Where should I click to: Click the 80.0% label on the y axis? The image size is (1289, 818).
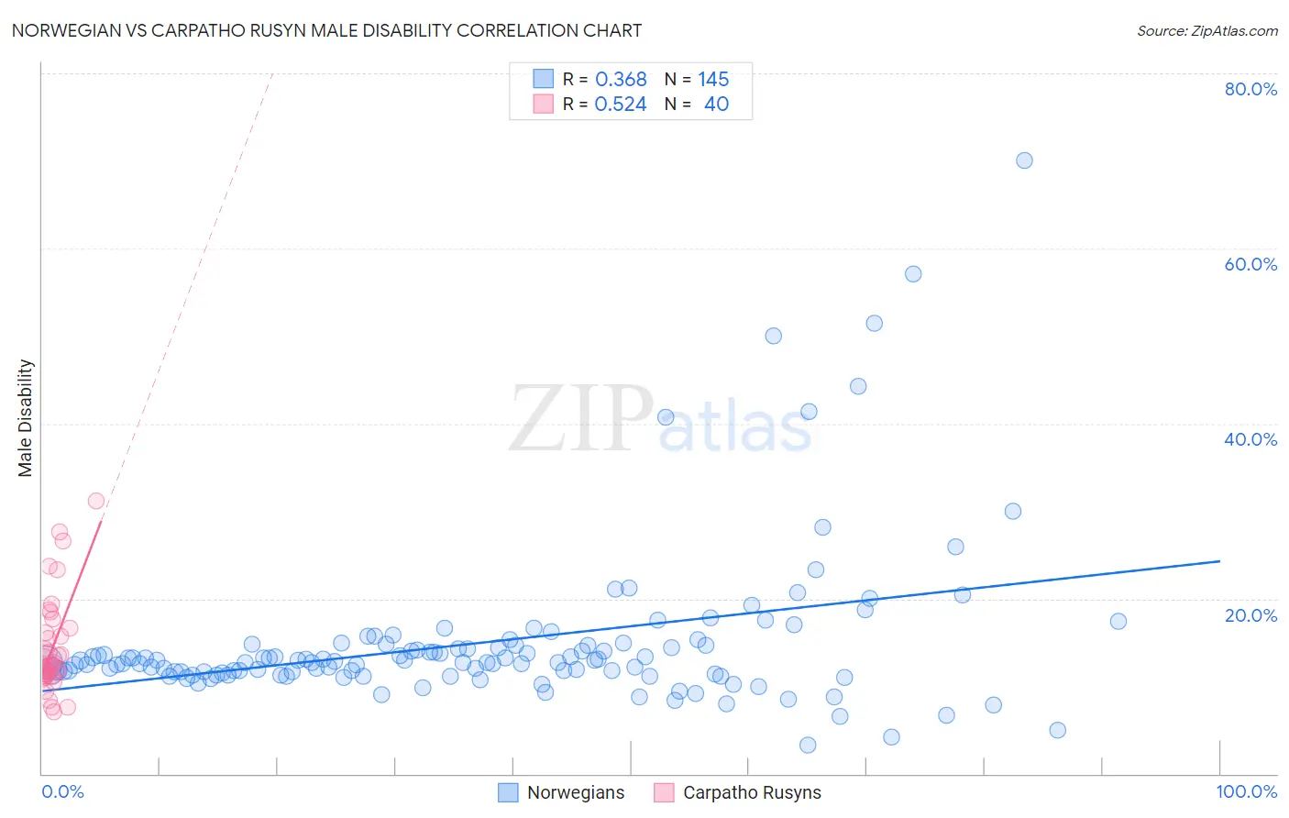tap(1250, 89)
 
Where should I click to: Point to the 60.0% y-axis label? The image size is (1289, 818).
tap(1250, 264)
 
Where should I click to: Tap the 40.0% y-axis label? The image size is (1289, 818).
tap(1250, 439)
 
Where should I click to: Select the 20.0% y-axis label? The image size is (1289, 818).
tap(1250, 614)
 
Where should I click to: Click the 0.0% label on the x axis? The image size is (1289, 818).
tap(62, 791)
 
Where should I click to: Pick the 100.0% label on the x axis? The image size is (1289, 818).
tap(1246, 791)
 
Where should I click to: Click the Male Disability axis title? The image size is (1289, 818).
tap(26, 417)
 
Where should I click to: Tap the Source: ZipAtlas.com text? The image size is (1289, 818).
tap(1206, 30)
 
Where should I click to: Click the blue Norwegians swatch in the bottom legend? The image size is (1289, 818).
tap(508, 792)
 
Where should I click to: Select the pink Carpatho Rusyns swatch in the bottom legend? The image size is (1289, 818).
tap(664, 792)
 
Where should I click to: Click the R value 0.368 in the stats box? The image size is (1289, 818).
tap(621, 79)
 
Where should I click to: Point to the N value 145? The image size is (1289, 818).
tap(713, 79)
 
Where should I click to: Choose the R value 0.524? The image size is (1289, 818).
tap(621, 104)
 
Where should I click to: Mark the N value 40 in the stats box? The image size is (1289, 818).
tap(716, 104)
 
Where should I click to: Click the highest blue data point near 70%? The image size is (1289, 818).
tap(1024, 160)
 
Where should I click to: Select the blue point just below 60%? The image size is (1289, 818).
tap(913, 274)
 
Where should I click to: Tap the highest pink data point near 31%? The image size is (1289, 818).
tap(96, 501)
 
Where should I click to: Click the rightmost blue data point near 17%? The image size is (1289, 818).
tap(1118, 621)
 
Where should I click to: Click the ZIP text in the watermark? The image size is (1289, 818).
tap(580, 419)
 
